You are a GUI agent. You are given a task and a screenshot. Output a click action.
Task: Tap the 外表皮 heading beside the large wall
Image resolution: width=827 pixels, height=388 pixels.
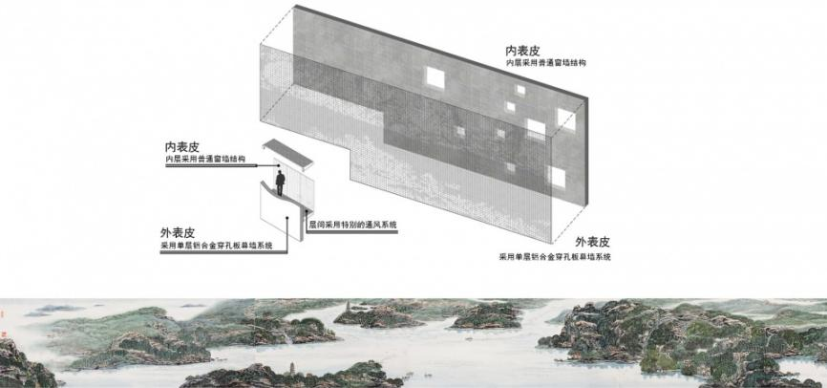click(x=592, y=243)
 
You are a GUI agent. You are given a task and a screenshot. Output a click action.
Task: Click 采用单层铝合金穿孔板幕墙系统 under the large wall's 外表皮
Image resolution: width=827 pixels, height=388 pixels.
click(x=556, y=257)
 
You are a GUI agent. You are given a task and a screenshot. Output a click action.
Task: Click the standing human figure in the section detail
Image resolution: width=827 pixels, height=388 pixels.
click(x=281, y=181)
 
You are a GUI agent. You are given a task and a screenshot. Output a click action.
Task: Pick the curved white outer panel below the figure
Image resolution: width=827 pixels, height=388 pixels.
click(x=277, y=220)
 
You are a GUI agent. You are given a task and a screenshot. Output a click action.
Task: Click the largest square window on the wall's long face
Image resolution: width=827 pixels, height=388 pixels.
click(x=435, y=77)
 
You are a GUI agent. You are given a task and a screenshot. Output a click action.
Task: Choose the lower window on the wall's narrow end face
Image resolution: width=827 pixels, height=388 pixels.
click(x=556, y=176)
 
